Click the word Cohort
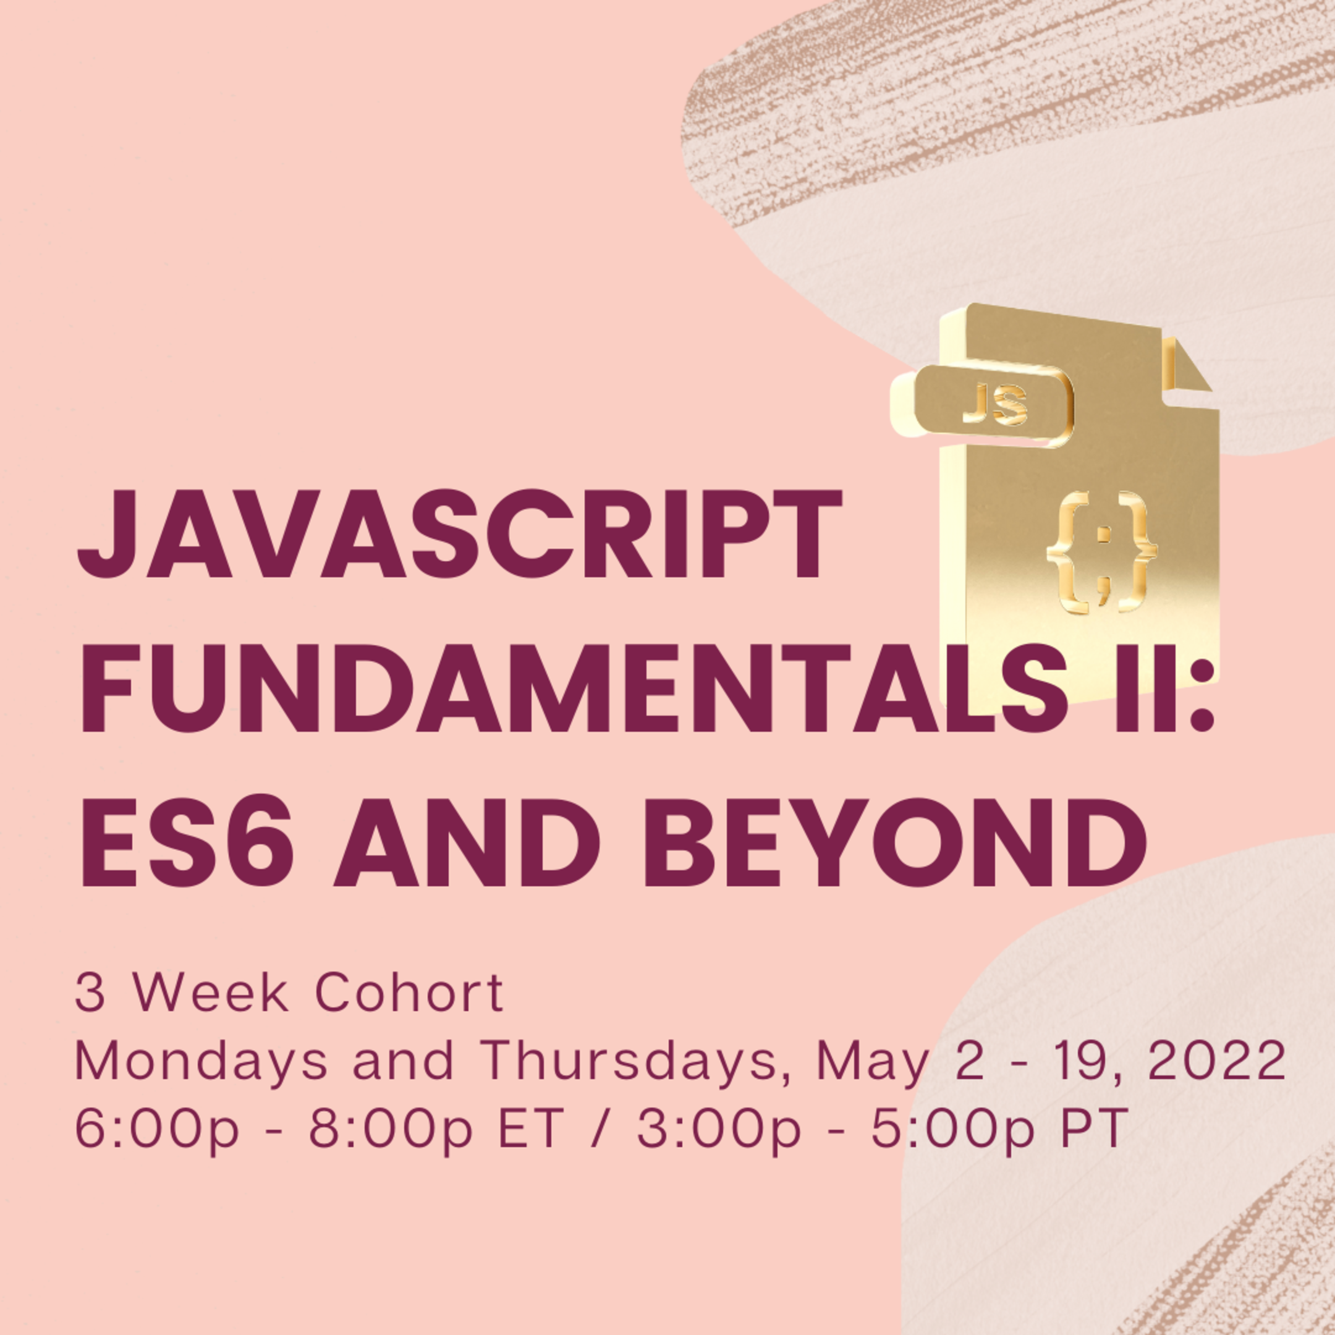click(410, 994)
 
